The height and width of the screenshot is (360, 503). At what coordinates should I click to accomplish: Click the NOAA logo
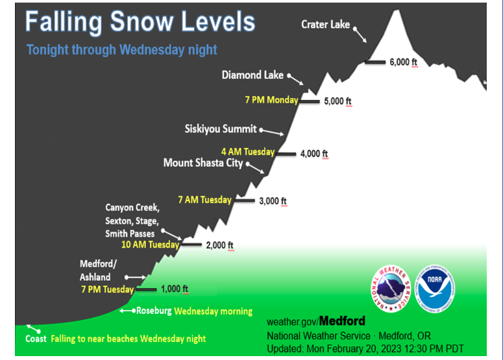435,289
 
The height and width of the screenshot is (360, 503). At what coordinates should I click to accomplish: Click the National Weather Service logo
391,289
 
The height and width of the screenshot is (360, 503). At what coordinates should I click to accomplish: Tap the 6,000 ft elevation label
403,62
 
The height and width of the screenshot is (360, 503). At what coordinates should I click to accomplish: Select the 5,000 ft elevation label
337,101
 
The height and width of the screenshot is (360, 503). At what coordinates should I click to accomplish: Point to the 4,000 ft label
314,154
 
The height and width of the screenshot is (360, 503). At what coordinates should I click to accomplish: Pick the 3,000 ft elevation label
273,201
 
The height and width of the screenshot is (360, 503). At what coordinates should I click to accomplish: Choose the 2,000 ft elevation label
220,245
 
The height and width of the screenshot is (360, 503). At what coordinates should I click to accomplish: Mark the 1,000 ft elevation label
175,289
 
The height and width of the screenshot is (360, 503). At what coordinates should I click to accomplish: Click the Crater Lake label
325,25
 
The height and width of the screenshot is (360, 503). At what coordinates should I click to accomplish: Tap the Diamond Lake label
252,75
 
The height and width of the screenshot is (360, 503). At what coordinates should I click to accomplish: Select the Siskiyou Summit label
221,129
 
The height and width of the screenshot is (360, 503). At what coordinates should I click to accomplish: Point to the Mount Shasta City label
203,163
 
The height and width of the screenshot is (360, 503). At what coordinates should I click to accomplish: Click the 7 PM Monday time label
271,100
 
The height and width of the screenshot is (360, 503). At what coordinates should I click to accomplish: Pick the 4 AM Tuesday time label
248,152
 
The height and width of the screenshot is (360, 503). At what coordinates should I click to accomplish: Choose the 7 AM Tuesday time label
204,200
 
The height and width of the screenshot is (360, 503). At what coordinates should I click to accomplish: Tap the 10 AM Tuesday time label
150,245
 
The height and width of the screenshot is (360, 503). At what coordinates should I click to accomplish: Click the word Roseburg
154,311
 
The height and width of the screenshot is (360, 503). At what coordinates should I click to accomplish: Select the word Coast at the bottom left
36,339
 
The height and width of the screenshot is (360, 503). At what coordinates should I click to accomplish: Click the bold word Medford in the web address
342,321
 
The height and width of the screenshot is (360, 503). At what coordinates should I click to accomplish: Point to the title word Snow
141,22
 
